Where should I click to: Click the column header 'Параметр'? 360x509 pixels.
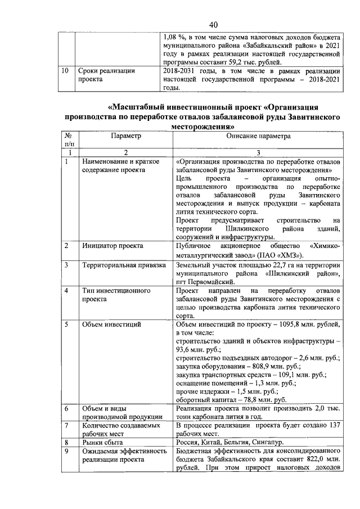click(126, 137)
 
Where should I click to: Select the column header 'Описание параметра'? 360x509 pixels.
click(258, 137)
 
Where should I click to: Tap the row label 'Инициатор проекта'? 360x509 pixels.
click(111, 246)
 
